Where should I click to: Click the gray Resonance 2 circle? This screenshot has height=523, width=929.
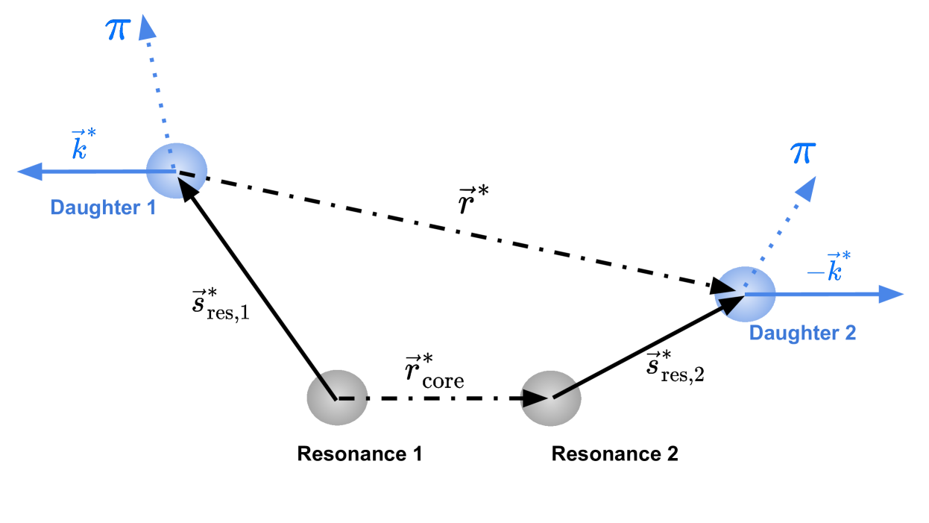coord(551,398)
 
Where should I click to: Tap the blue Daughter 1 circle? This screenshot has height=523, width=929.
coord(176,171)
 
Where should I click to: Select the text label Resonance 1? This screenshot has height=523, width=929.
coord(359,454)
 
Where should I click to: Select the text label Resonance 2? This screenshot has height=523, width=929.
coord(614,454)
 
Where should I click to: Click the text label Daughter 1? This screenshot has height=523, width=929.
coord(103,207)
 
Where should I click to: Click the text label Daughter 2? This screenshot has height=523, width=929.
coord(802,332)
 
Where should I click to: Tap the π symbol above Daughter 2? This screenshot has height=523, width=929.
coord(804,153)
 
